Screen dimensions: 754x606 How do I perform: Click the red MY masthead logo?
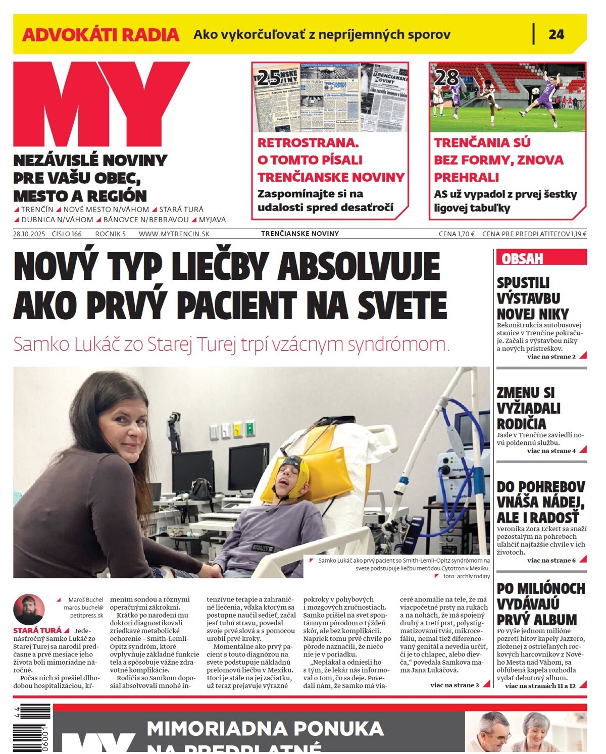tap(101, 104)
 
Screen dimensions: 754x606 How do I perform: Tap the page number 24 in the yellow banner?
tap(556, 34)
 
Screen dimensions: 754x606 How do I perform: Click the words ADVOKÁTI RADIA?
tap(100, 35)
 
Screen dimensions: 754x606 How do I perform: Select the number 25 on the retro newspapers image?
tap(269, 77)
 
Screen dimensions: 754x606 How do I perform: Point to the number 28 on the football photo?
tap(446, 77)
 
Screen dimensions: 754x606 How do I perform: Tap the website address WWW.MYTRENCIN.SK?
tap(174, 234)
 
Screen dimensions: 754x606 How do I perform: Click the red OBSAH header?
tap(522, 259)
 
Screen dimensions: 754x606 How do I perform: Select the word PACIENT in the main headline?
tap(236, 305)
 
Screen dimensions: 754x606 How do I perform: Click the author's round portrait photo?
tap(29, 609)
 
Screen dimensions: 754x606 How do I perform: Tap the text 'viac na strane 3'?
tap(454, 685)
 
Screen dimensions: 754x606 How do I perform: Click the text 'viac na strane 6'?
tap(551, 560)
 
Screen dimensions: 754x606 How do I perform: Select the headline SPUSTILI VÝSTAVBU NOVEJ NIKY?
tap(533, 298)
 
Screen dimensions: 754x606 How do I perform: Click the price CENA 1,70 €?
tap(457, 234)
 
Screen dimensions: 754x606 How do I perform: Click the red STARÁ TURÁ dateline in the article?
tap(37, 630)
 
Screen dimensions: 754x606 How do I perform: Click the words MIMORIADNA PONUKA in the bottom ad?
tap(265, 728)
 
